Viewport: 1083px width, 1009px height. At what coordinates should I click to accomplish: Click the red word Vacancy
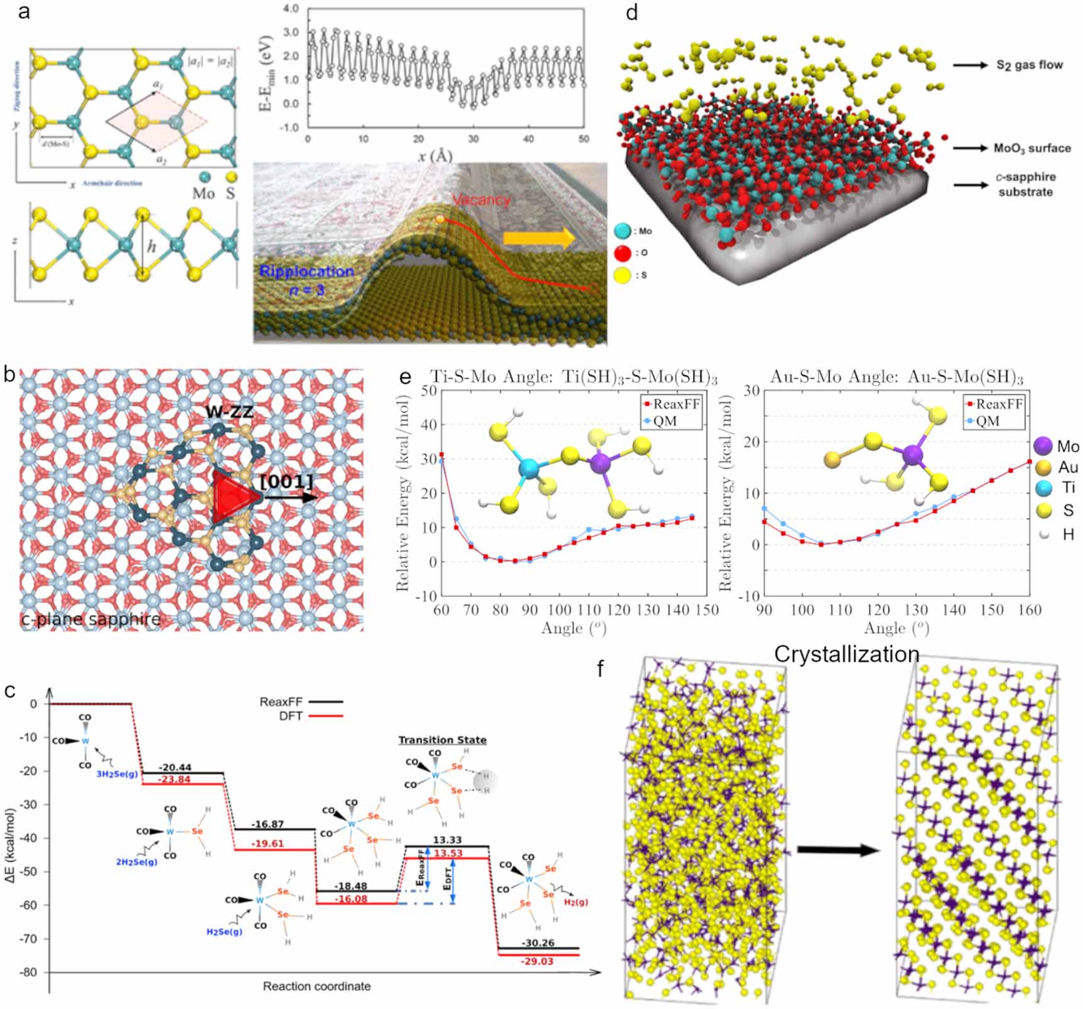(x=481, y=200)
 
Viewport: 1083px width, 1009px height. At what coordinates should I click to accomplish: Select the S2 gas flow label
(x=1030, y=65)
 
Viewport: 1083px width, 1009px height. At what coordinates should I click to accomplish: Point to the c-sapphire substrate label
(x=1025, y=185)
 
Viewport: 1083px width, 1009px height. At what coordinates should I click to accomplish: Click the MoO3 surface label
(x=1032, y=148)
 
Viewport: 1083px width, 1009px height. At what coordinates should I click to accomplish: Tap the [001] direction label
(x=286, y=482)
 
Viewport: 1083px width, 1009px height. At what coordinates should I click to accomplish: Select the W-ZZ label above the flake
(x=229, y=413)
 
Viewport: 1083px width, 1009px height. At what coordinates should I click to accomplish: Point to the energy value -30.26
(x=539, y=942)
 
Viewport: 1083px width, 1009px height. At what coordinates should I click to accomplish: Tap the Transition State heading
(x=442, y=740)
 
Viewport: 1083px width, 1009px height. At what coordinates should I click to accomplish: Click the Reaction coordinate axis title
(x=316, y=986)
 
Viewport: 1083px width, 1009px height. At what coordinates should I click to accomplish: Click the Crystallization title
(x=846, y=654)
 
